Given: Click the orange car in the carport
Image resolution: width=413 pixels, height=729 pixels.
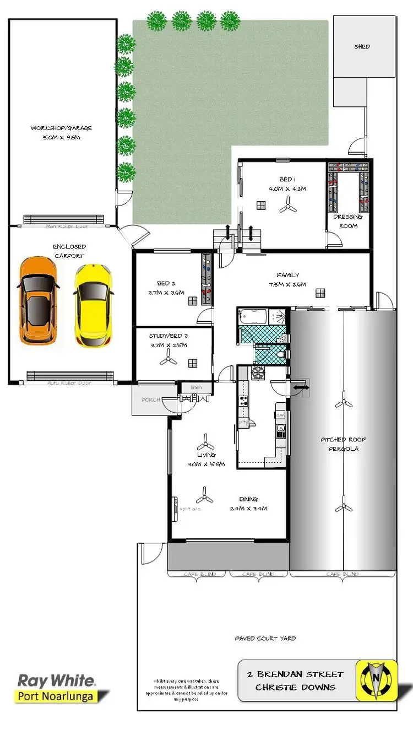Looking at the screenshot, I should (x=38, y=300).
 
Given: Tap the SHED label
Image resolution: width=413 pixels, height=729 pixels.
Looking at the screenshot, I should (x=362, y=47).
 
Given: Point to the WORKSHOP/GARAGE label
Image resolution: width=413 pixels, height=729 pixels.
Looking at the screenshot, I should (x=61, y=128).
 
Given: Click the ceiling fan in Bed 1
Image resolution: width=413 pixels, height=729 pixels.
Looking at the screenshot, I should (x=286, y=206).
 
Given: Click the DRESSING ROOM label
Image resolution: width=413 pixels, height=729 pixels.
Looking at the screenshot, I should (x=348, y=221).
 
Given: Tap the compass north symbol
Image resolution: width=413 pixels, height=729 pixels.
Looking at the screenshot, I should (x=377, y=681).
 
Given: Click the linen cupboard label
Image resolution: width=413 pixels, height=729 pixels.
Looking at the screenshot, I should (x=197, y=388).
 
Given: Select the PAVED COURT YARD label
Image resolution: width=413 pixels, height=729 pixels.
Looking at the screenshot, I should (x=265, y=638).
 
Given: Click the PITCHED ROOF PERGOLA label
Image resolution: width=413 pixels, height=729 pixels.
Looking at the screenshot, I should (x=344, y=444).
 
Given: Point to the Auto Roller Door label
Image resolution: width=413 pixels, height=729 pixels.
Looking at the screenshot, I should (x=69, y=382).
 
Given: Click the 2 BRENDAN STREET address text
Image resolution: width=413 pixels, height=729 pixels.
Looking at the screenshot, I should (x=296, y=674).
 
